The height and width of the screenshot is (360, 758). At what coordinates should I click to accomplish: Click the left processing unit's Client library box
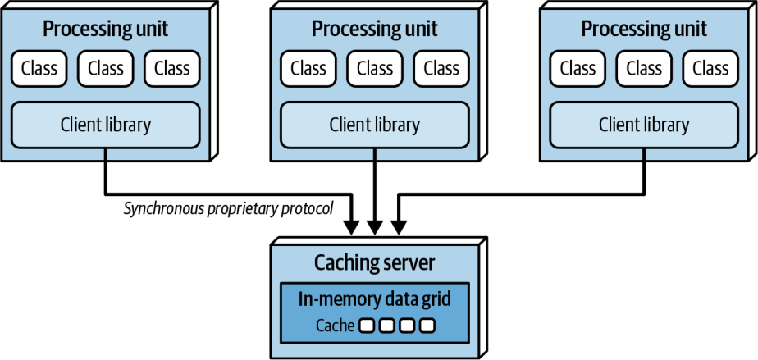click(x=105, y=125)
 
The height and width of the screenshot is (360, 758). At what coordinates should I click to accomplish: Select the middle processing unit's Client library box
click(x=375, y=125)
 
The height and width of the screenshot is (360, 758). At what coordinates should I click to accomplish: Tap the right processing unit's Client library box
click(x=644, y=125)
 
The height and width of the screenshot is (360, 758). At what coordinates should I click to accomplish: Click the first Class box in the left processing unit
click(x=39, y=69)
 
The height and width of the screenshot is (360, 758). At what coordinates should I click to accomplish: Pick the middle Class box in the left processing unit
click(x=105, y=69)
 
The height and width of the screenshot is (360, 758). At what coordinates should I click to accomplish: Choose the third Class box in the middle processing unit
click(x=441, y=69)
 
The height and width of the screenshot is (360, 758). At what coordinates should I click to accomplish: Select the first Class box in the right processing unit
click(x=578, y=69)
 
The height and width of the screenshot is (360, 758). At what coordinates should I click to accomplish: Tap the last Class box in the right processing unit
click(x=710, y=69)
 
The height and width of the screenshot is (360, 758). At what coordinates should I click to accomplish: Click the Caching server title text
click(x=375, y=263)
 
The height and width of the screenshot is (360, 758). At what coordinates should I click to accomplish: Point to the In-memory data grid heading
click(x=375, y=299)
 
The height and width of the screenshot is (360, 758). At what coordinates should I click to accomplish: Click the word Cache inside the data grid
click(x=336, y=326)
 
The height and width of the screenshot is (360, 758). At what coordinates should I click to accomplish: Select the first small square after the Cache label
click(x=367, y=326)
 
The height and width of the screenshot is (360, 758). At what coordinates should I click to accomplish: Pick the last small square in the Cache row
click(x=427, y=326)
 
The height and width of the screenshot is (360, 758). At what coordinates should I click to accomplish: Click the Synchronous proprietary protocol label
click(x=228, y=209)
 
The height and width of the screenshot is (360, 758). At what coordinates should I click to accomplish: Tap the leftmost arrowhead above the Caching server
click(x=353, y=228)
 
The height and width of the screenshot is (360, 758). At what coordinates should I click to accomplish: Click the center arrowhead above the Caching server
click(x=375, y=228)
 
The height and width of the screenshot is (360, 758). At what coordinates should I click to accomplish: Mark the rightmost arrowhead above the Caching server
click(x=398, y=228)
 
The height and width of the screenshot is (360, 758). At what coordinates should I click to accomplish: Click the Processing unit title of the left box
click(x=105, y=29)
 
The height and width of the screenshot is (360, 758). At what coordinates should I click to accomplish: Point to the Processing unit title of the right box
click(x=644, y=29)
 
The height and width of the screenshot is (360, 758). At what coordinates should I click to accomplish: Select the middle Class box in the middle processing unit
click(x=375, y=69)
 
